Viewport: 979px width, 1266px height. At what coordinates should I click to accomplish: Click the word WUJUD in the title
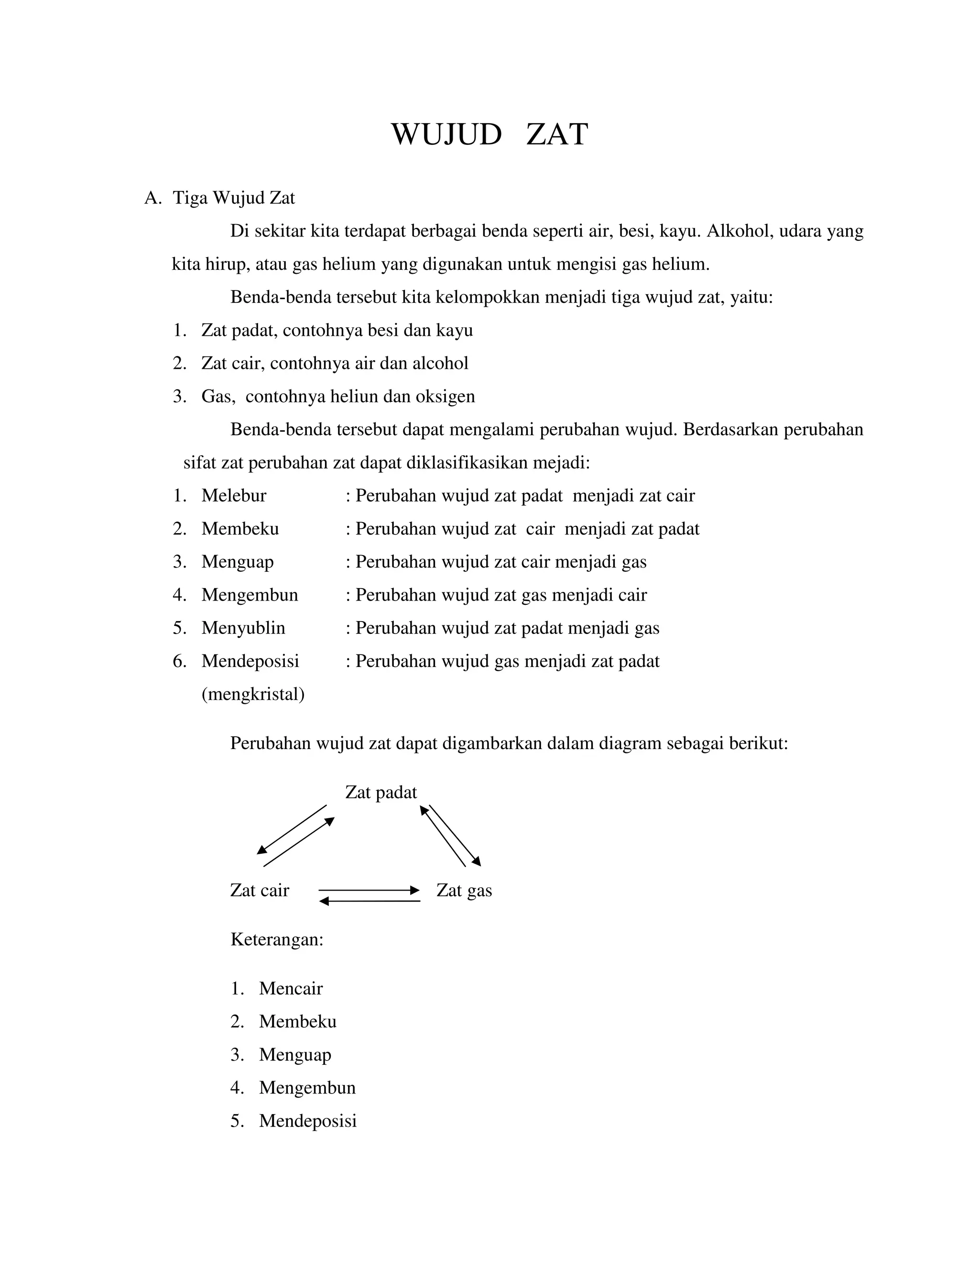coord(446,135)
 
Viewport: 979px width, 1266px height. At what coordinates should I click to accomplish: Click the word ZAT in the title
coord(557,135)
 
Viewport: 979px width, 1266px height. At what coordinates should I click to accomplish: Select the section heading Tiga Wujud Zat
coord(234,198)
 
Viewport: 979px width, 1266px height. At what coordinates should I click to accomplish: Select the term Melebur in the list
coord(234,495)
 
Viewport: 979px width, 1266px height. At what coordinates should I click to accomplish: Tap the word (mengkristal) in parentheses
coord(253,694)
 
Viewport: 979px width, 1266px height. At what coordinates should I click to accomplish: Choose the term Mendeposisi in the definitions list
coord(250,661)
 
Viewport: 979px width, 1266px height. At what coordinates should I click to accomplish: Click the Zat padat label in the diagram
coord(381,793)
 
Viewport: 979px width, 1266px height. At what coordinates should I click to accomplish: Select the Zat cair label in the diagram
coord(259,890)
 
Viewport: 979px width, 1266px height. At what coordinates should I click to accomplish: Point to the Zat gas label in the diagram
coord(464,890)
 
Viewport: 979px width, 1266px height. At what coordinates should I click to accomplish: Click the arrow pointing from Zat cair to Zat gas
coord(369,890)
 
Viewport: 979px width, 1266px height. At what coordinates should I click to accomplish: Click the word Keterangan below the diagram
coord(277,939)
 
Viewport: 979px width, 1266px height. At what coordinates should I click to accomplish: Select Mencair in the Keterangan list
coord(291,988)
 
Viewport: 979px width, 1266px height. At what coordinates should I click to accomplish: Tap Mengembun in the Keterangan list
coord(307,1087)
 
